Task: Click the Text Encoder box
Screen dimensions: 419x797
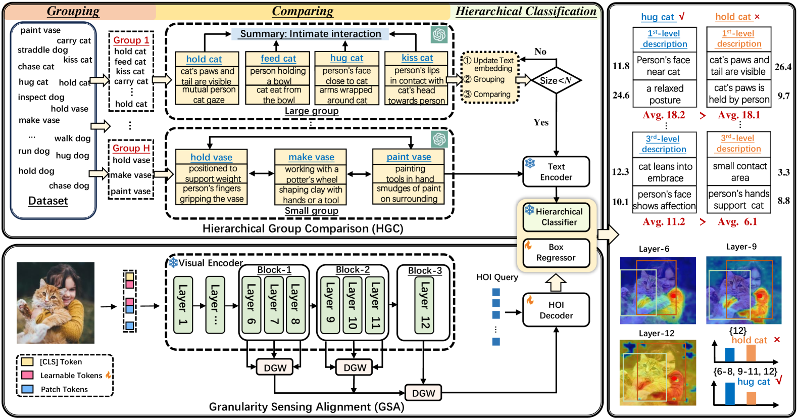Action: click(x=556, y=172)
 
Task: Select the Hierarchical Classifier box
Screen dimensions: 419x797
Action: click(x=556, y=217)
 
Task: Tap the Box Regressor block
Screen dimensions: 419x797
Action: click(x=556, y=252)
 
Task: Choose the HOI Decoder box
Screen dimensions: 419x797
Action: click(x=556, y=310)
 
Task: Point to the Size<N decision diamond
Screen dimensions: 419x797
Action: click(x=556, y=80)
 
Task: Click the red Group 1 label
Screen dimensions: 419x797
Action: click(x=131, y=40)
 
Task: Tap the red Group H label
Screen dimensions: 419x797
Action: click(x=131, y=148)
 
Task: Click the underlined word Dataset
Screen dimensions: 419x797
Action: click(x=48, y=201)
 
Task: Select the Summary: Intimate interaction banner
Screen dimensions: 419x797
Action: click(x=310, y=34)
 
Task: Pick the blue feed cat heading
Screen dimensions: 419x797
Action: click(x=278, y=59)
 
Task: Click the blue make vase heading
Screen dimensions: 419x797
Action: click(x=311, y=157)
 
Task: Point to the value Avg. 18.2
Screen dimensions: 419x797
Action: click(x=664, y=115)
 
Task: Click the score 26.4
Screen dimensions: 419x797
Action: click(x=783, y=67)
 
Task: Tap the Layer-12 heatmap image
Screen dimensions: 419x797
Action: click(x=658, y=373)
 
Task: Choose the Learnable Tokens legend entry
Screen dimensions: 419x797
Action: click(x=71, y=376)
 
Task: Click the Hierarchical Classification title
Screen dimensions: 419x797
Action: click(x=526, y=12)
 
